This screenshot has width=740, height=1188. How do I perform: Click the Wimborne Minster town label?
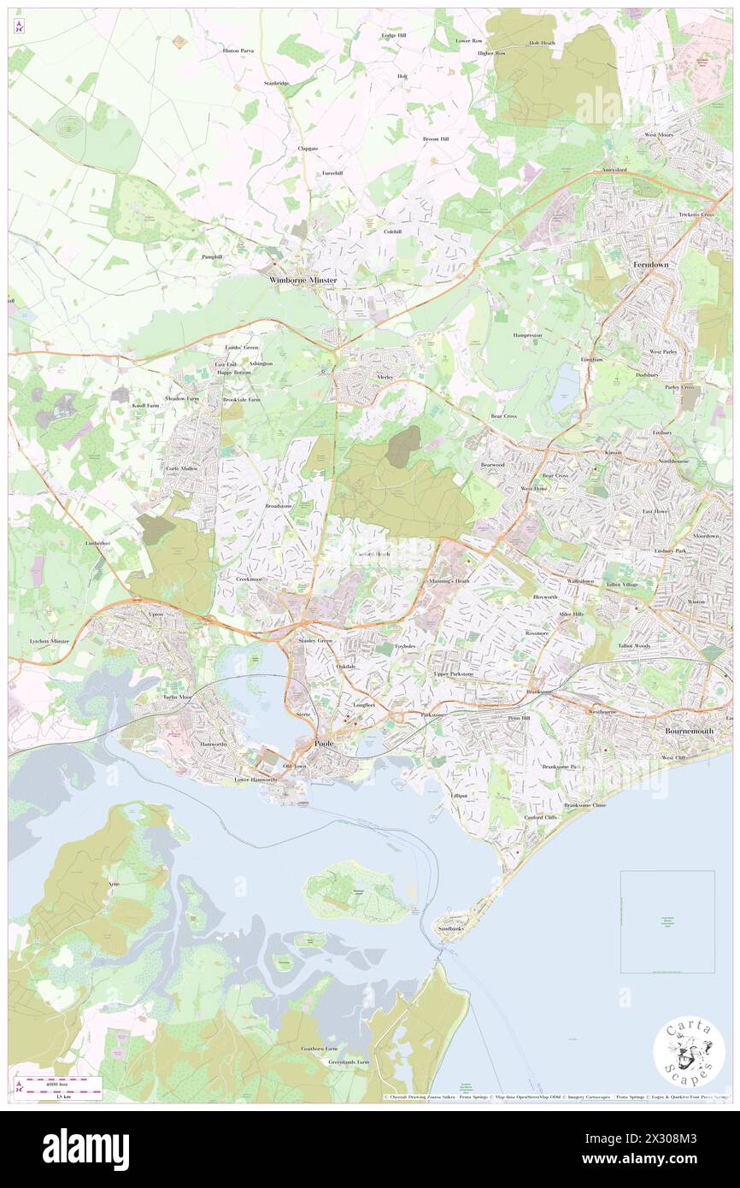(x=302, y=280)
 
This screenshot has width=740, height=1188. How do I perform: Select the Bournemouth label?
(x=694, y=732)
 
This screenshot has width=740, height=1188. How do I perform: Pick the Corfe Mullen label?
(x=183, y=469)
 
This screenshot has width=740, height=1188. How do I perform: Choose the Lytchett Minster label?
(x=48, y=640)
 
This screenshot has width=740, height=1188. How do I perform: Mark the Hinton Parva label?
(x=238, y=51)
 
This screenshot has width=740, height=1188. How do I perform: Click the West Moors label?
(x=660, y=135)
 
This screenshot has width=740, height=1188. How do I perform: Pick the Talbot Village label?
(x=622, y=585)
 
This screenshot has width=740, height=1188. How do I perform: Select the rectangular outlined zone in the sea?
(x=667, y=921)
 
